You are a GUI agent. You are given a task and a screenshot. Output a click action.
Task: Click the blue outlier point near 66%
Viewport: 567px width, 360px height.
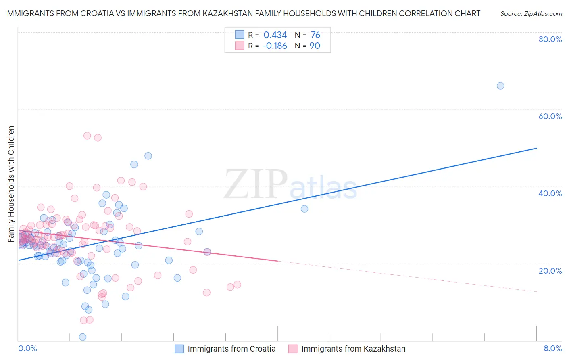(x=500, y=86)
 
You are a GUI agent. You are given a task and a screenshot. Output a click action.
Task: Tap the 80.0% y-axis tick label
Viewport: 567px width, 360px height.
(x=550, y=39)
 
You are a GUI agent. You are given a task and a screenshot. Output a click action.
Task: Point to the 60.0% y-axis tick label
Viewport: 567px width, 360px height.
(x=550, y=116)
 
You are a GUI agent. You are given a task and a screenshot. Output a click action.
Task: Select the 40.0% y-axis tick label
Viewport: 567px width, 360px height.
(x=550, y=193)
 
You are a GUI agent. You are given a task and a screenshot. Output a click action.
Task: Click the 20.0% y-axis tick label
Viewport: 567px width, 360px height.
(x=550, y=270)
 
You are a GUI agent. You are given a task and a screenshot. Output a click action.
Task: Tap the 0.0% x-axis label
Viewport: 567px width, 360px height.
(x=27, y=348)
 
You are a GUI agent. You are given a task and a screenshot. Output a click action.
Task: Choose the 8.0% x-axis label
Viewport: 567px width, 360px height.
(x=552, y=348)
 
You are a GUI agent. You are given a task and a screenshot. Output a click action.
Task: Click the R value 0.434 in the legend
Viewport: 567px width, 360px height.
(x=275, y=35)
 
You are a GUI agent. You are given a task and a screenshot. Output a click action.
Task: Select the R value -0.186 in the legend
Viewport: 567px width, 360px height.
(x=274, y=46)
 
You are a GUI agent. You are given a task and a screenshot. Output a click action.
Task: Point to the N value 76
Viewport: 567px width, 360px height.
(x=315, y=35)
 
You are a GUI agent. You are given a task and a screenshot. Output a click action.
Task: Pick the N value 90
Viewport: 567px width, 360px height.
(x=315, y=46)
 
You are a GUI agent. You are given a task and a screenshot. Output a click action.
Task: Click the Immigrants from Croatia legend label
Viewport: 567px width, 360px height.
(x=231, y=349)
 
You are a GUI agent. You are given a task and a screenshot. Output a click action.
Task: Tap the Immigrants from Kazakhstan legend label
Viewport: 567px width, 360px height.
(x=353, y=349)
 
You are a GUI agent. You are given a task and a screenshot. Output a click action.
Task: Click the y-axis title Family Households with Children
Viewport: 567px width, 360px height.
(x=11, y=184)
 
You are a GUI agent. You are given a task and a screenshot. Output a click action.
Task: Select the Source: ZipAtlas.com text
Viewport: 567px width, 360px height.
(x=531, y=14)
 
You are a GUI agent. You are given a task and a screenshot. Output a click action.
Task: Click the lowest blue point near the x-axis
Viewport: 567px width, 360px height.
(x=83, y=337)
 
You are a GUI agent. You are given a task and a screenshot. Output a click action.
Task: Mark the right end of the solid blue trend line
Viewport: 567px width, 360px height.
(x=536, y=148)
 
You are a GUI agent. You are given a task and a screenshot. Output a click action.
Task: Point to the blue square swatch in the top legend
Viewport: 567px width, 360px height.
(x=240, y=35)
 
